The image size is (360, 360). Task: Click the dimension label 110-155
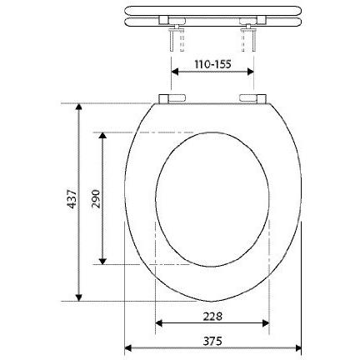tap(212, 64)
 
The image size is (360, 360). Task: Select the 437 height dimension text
tap(72, 199)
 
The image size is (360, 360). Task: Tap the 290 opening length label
tap(96, 199)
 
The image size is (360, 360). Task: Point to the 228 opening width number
tap(212, 317)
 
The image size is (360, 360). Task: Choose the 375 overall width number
tap(212, 341)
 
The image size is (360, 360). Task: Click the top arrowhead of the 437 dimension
tap(79, 107)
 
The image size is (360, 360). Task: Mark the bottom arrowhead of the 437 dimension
tap(79, 297)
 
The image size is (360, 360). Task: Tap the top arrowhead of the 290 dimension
tap(102, 135)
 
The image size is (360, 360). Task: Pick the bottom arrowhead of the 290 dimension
tap(102, 261)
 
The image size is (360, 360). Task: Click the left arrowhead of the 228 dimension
tap(158, 323)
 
